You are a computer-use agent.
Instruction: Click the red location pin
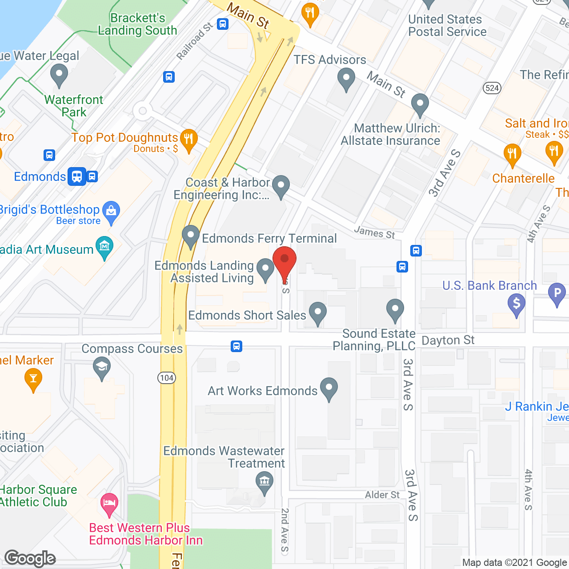click(284, 260)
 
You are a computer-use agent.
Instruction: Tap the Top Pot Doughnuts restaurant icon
click(189, 140)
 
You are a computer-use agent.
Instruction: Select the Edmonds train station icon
click(76, 176)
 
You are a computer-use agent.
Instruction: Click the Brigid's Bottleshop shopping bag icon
click(111, 211)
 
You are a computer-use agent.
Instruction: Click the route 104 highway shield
click(167, 378)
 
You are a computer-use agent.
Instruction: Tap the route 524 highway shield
click(492, 88)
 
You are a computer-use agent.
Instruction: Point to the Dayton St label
click(448, 341)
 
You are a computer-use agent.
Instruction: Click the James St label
click(374, 232)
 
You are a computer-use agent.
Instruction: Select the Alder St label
click(382, 495)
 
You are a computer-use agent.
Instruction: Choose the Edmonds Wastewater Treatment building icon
click(264, 482)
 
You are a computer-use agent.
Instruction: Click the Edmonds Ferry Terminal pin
click(191, 236)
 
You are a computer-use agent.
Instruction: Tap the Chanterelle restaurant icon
click(512, 154)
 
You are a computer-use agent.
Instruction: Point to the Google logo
click(30, 558)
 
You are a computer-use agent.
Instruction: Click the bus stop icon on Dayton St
click(236, 346)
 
